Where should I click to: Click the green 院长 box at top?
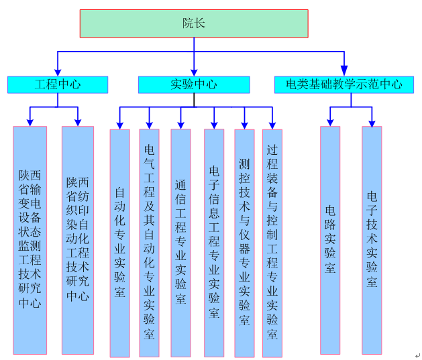point(194,23)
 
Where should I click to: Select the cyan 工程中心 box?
point(58,84)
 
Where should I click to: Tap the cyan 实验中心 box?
point(194,84)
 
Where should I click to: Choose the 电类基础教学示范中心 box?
point(344,84)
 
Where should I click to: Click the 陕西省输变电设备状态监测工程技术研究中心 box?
point(30,239)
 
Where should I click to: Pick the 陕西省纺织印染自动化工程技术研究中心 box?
point(78,239)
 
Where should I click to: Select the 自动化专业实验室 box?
point(119,243)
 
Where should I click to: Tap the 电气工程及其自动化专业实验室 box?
point(149,243)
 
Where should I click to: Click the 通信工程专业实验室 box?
point(180,243)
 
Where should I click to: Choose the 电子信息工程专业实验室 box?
point(214,243)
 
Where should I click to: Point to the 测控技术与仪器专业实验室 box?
point(244,243)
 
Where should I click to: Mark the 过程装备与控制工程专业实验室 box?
point(272,243)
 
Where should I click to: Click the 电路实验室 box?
point(330,239)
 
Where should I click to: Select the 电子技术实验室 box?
point(372,239)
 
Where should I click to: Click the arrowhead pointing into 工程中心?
point(58,72)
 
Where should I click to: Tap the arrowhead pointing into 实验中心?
point(194,72)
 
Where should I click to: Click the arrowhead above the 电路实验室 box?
point(330,122)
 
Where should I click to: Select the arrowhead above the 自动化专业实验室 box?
point(119,125)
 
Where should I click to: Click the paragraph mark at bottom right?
point(417,356)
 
